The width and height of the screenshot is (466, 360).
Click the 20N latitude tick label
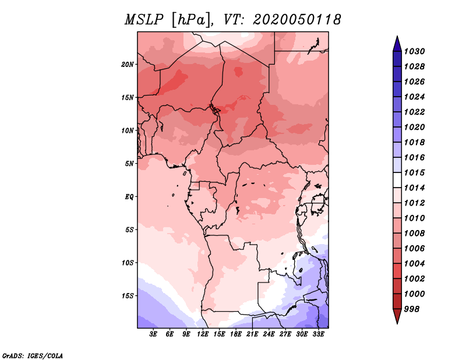click(x=127, y=65)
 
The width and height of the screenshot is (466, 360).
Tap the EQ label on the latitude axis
click(x=129, y=197)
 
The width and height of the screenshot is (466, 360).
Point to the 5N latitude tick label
click(x=129, y=164)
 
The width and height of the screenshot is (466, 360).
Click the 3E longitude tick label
click(x=153, y=334)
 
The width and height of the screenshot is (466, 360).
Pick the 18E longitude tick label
click(x=236, y=334)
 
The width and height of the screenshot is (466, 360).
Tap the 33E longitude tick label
click(x=318, y=334)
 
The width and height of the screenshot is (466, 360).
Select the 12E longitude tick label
click(x=203, y=334)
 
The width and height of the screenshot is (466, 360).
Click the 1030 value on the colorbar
click(x=414, y=51)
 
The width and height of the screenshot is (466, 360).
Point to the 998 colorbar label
click(x=412, y=309)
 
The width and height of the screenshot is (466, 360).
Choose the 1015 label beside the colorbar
click(x=414, y=172)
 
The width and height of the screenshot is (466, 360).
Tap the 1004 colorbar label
click(x=414, y=264)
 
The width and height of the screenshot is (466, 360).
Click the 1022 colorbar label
click(x=414, y=112)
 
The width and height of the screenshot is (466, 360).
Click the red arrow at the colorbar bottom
click(x=397, y=316)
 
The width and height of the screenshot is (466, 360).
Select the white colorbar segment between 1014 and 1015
click(x=397, y=180)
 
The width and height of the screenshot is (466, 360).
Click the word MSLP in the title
click(x=144, y=20)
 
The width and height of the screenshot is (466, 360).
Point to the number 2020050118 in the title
click(x=297, y=20)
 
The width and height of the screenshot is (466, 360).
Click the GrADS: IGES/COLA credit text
click(x=33, y=356)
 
